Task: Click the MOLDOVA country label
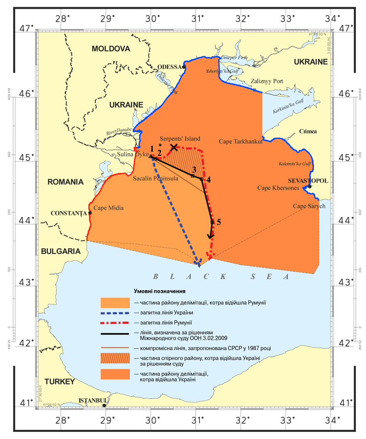pos(111,49)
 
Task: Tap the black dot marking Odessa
pos(183,67)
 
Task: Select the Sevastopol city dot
pos(310,186)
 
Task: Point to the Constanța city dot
pos(90,213)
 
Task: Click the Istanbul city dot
pos(104,405)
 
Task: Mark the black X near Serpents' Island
pos(174,147)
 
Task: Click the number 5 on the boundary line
pos(219,222)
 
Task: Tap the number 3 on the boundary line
pos(194,170)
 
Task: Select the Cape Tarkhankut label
pos(241,141)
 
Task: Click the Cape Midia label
pos(108,208)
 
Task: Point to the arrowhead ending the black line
pos(210,236)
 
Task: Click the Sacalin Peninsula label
pos(156,179)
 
